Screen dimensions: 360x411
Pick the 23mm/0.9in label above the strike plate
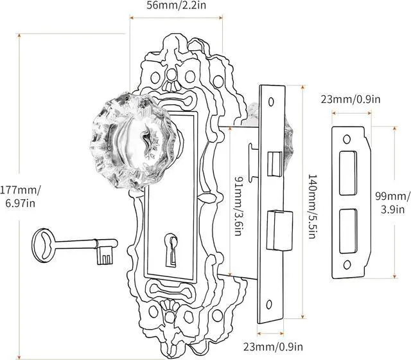click(x=350, y=99)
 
